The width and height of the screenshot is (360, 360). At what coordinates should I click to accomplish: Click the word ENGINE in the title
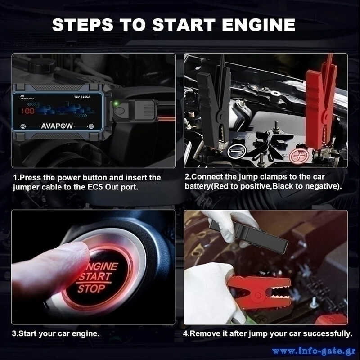click(258, 25)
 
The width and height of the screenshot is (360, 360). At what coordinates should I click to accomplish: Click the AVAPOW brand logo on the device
click(57, 126)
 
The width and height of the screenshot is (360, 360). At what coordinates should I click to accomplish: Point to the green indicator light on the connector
click(116, 103)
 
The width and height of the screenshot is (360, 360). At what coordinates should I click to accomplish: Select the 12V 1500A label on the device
click(82, 97)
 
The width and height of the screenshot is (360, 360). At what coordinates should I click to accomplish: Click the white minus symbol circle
click(237, 152)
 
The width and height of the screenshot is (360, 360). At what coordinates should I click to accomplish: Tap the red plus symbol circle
click(299, 156)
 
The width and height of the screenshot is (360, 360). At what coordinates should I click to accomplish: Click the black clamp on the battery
click(213, 108)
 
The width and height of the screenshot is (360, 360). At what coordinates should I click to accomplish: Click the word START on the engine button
click(95, 277)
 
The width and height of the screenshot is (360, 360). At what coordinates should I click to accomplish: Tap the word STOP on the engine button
click(91, 288)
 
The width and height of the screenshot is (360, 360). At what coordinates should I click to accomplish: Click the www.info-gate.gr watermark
click(314, 351)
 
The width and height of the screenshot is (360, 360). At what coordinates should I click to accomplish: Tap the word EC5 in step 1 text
click(95, 187)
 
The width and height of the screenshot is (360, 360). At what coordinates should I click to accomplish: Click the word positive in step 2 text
click(256, 186)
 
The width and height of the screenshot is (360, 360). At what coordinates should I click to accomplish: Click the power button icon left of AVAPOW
click(23, 126)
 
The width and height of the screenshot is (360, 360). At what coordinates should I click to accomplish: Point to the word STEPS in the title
click(83, 25)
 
